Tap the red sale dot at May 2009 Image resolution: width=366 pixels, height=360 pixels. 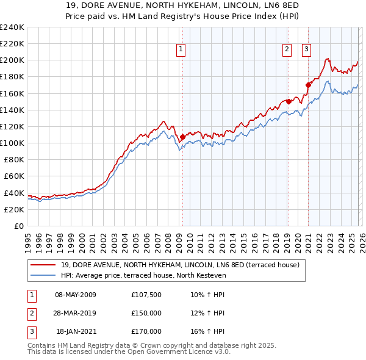(182, 137)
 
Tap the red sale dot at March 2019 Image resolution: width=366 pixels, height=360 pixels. (289, 102)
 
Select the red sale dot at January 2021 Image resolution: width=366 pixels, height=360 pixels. (308, 85)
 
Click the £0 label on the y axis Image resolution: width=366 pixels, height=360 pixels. (18, 226)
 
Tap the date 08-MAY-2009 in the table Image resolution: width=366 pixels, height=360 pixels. (76, 295)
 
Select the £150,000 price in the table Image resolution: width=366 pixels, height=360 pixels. (146, 313)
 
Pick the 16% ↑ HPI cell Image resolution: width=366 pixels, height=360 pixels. (207, 331)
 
